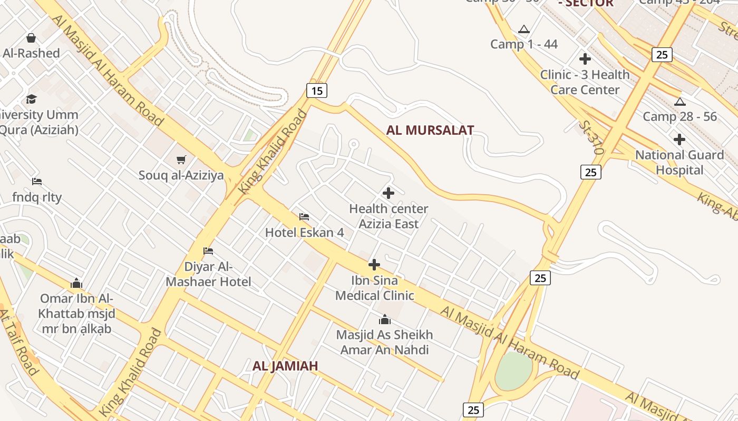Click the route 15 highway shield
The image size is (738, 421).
[316, 91]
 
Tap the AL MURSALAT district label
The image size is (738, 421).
[430, 131]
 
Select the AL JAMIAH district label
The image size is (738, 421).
[285, 366]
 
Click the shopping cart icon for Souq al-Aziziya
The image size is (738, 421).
[181, 159]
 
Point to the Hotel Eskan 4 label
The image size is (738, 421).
[304, 232]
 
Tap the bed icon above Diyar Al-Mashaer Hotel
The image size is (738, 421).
[208, 251]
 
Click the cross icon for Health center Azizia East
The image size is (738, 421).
[389, 193]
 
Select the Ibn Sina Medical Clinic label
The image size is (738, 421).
[374, 288]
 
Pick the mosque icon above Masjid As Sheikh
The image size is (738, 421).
[385, 319]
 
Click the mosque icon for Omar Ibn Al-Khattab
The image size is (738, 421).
[76, 284]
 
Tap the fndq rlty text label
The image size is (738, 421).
[37, 197]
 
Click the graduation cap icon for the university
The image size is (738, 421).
[32, 99]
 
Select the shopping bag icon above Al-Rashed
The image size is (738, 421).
[31, 38]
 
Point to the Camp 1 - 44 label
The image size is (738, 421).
[523, 44]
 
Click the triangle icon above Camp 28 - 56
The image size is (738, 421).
[679, 102]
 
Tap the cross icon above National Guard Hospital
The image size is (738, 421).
[679, 139]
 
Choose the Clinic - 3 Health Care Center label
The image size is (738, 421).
[585, 82]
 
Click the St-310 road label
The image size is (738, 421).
[590, 137]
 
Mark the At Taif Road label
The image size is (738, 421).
[19, 342]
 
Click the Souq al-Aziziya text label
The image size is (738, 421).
[181, 175]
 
